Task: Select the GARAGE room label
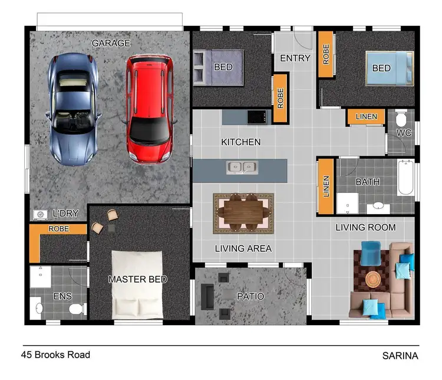pyautogui.click(x=111, y=43)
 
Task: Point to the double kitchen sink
pyautogui.click(x=242, y=168)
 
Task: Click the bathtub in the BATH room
pyautogui.click(x=405, y=176)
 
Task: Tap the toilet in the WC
pyautogui.click(x=401, y=119)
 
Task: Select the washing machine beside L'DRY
pyautogui.click(x=41, y=215)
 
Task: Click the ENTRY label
pyautogui.click(x=295, y=58)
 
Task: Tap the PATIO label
pyautogui.click(x=250, y=296)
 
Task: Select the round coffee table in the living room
pyautogui.click(x=373, y=278)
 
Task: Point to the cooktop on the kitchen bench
pyautogui.click(x=256, y=117)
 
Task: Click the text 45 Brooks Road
pyautogui.click(x=55, y=355)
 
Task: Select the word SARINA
pyautogui.click(x=400, y=356)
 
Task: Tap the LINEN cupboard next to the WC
pyautogui.click(x=365, y=117)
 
